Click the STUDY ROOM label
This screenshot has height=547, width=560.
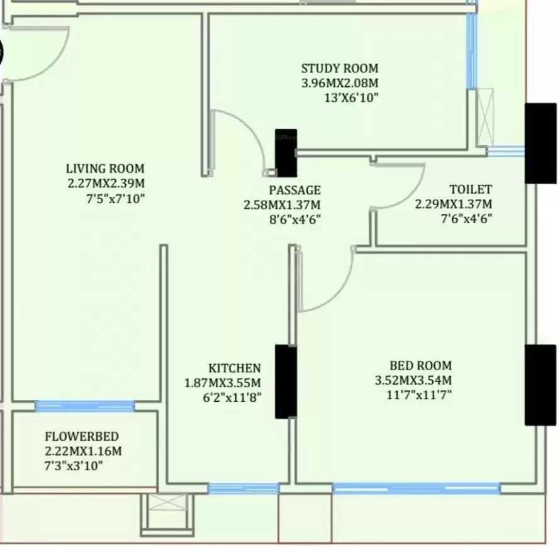tap(339, 69)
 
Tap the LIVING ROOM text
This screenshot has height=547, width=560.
tap(105, 169)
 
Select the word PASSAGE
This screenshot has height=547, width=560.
tap(294, 190)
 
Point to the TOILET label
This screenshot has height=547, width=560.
tap(470, 189)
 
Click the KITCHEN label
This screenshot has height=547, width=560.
tap(234, 368)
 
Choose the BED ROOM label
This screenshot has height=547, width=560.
tap(420, 365)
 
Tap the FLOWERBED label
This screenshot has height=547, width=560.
tap(81, 436)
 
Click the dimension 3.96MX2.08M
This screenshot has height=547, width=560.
tap(340, 83)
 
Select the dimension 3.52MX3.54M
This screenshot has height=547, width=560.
tap(413, 380)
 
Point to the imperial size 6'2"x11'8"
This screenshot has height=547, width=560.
tap(232, 397)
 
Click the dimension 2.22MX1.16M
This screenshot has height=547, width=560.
tap(83, 451)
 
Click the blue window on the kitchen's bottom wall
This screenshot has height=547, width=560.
tap(243, 488)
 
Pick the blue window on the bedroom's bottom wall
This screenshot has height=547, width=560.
tap(415, 487)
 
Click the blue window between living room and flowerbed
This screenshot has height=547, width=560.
tap(85, 406)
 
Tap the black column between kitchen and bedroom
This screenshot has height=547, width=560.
tap(286, 382)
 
